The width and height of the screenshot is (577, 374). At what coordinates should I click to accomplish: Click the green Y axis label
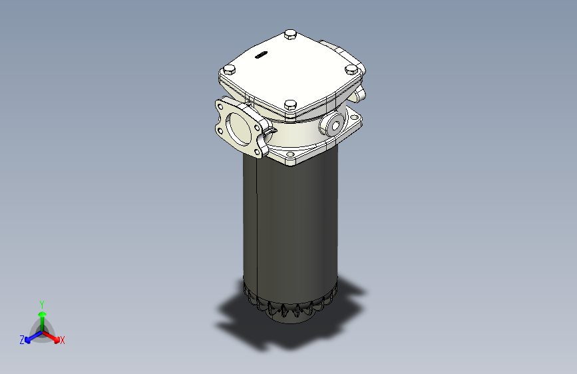point(41,303)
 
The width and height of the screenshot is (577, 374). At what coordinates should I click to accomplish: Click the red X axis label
point(63,341)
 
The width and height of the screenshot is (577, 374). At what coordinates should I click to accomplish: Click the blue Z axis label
point(22,340)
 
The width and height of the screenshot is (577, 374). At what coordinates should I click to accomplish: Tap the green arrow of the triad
point(42,315)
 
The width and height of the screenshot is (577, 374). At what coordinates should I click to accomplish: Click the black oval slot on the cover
point(260,56)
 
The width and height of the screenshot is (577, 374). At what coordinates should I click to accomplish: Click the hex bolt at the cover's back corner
point(289,34)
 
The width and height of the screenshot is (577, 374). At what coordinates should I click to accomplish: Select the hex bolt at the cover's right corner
point(351,69)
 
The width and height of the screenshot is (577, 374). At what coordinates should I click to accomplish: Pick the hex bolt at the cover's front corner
point(289,104)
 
